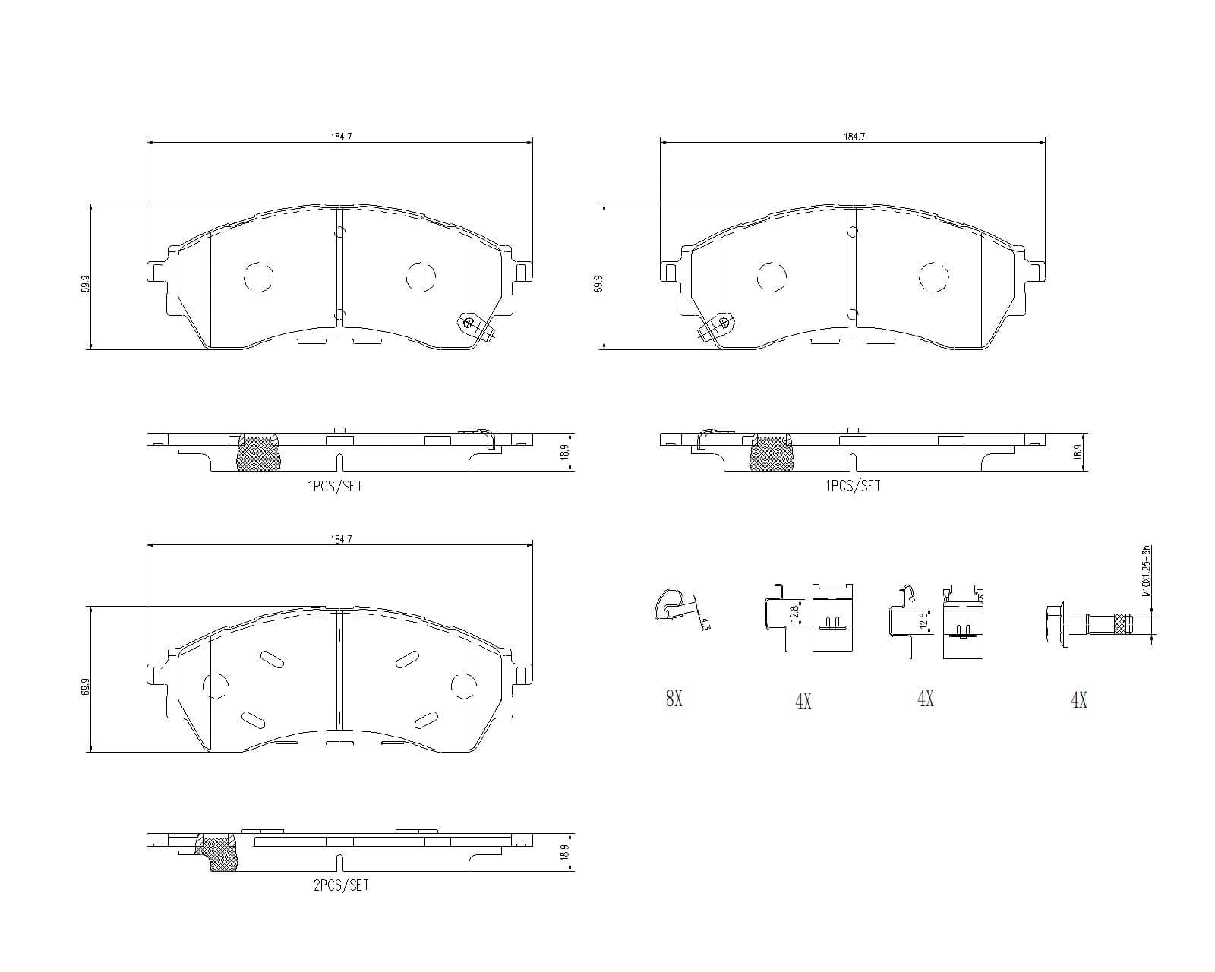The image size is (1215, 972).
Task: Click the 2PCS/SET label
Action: click(x=341, y=885)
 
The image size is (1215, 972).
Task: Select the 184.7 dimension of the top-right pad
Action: click(x=854, y=137)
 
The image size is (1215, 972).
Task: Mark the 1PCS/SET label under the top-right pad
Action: click(x=853, y=486)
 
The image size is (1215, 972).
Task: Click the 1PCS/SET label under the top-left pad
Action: click(x=334, y=486)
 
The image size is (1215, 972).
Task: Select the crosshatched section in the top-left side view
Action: click(x=258, y=454)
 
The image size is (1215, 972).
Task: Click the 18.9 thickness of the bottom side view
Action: click(x=563, y=853)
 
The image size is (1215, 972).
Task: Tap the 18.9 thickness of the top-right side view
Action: click(x=1077, y=453)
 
